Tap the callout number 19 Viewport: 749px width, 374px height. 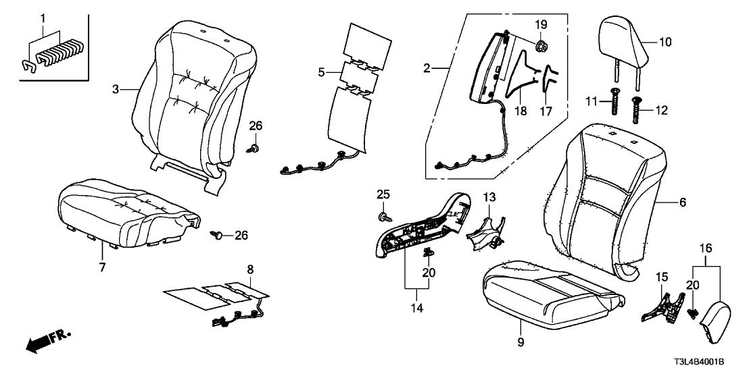click(541, 25)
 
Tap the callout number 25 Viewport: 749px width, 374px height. click(383, 194)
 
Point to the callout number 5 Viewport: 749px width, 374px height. click(321, 71)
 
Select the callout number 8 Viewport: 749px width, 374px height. click(251, 269)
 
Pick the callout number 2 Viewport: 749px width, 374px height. click(427, 68)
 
